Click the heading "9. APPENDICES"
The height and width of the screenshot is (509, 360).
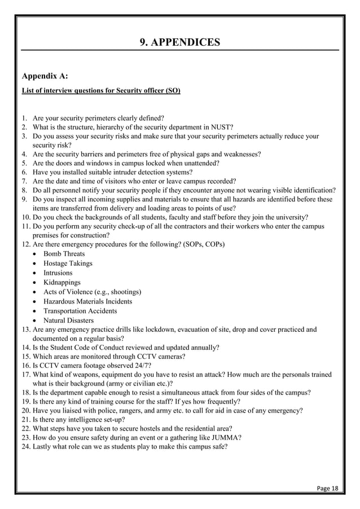[179, 42]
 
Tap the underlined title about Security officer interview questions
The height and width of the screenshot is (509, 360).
[100, 90]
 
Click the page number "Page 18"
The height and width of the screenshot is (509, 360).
[327, 487]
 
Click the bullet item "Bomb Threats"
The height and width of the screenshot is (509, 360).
[64, 254]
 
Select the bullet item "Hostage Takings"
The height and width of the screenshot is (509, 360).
[68, 264]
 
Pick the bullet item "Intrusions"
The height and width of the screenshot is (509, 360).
[58, 273]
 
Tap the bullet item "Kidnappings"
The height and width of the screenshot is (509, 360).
[62, 282]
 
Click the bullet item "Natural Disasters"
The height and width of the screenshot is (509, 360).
[68, 321]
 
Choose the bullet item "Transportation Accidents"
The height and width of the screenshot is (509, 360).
[80, 311]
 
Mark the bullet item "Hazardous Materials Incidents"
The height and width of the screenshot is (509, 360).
[87, 301]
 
